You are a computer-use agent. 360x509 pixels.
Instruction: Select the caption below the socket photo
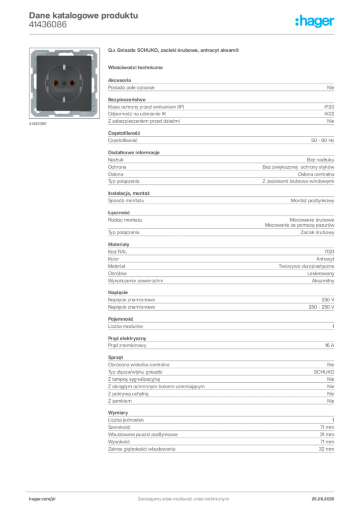click(x=38, y=124)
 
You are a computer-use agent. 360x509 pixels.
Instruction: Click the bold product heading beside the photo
click(x=174, y=51)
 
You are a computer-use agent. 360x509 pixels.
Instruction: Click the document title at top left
click(x=83, y=15)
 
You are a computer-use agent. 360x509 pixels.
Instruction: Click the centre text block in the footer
click(x=182, y=497)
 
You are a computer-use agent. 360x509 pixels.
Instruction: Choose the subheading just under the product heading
click(x=137, y=66)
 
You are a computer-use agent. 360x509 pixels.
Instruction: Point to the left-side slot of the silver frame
click(x=33, y=82)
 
